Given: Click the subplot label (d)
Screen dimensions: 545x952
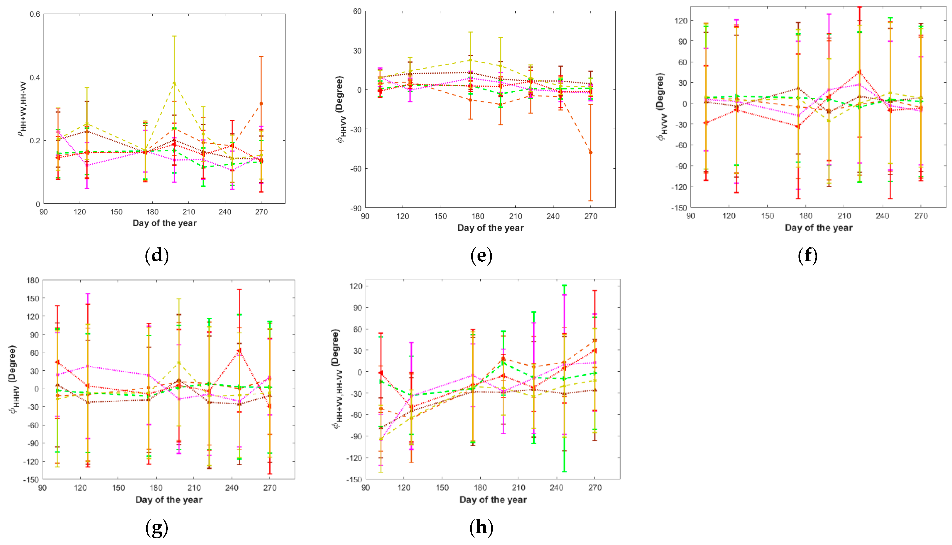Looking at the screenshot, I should pyautogui.click(x=157, y=256).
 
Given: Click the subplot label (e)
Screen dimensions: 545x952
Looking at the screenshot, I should pyautogui.click(x=481, y=256).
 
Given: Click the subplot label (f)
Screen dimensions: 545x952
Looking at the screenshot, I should pyautogui.click(x=807, y=256).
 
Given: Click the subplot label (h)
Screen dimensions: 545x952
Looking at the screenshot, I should pyautogui.click(x=481, y=528).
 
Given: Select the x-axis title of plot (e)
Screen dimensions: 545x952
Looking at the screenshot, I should pyautogui.click(x=490, y=228).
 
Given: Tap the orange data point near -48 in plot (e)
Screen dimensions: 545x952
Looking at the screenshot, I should pyautogui.click(x=591, y=152).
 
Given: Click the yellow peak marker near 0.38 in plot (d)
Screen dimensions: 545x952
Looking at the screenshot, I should pyautogui.click(x=174, y=83).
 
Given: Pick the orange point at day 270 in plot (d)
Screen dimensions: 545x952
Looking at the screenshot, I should pyautogui.click(x=261, y=104).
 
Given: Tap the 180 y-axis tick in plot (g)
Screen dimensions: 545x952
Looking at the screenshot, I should pyautogui.click(x=33, y=280).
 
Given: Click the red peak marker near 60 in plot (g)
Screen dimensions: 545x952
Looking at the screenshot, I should pyautogui.click(x=239, y=351).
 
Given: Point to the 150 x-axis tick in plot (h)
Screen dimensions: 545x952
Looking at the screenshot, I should pyautogui.click(x=442, y=488).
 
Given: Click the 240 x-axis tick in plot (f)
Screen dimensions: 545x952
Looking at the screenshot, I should pyautogui.click(x=882, y=216).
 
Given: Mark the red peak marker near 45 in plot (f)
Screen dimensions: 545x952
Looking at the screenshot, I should pyautogui.click(x=859, y=72).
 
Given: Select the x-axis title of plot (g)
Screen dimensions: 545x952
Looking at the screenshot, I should pyautogui.click(x=169, y=500).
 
